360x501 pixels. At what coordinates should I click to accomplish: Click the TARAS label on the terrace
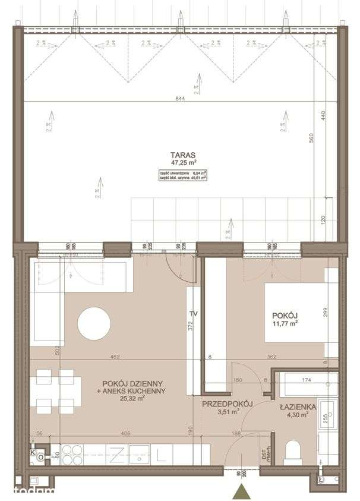click(x=180, y=154)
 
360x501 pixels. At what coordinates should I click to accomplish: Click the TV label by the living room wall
click(x=192, y=313)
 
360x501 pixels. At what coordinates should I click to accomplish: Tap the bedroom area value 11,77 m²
click(x=285, y=324)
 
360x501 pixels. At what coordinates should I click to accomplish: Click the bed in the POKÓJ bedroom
click(x=294, y=313)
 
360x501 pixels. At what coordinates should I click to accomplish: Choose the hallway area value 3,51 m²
click(x=228, y=411)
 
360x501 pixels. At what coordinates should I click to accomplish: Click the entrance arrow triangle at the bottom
click(x=241, y=491)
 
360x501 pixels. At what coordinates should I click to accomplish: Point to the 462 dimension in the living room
click(x=115, y=357)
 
